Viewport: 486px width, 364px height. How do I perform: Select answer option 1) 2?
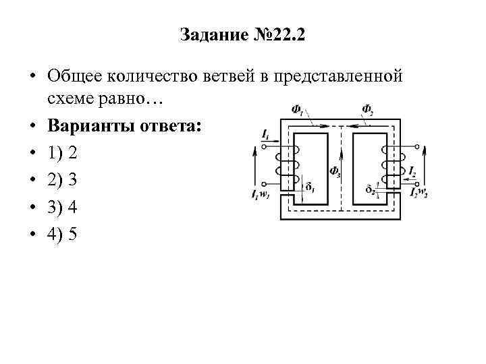[63, 153]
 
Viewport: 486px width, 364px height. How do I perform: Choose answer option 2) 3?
[63, 180]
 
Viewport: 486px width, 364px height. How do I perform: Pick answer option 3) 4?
[63, 208]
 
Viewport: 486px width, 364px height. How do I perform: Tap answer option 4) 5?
[63, 235]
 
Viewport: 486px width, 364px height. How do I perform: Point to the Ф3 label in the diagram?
[335, 171]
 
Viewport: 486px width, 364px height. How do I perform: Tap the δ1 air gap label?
[310, 187]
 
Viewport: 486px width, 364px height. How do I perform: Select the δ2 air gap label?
[370, 189]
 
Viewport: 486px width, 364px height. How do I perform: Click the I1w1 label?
[259, 194]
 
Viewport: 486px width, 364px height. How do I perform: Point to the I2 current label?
[412, 173]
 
